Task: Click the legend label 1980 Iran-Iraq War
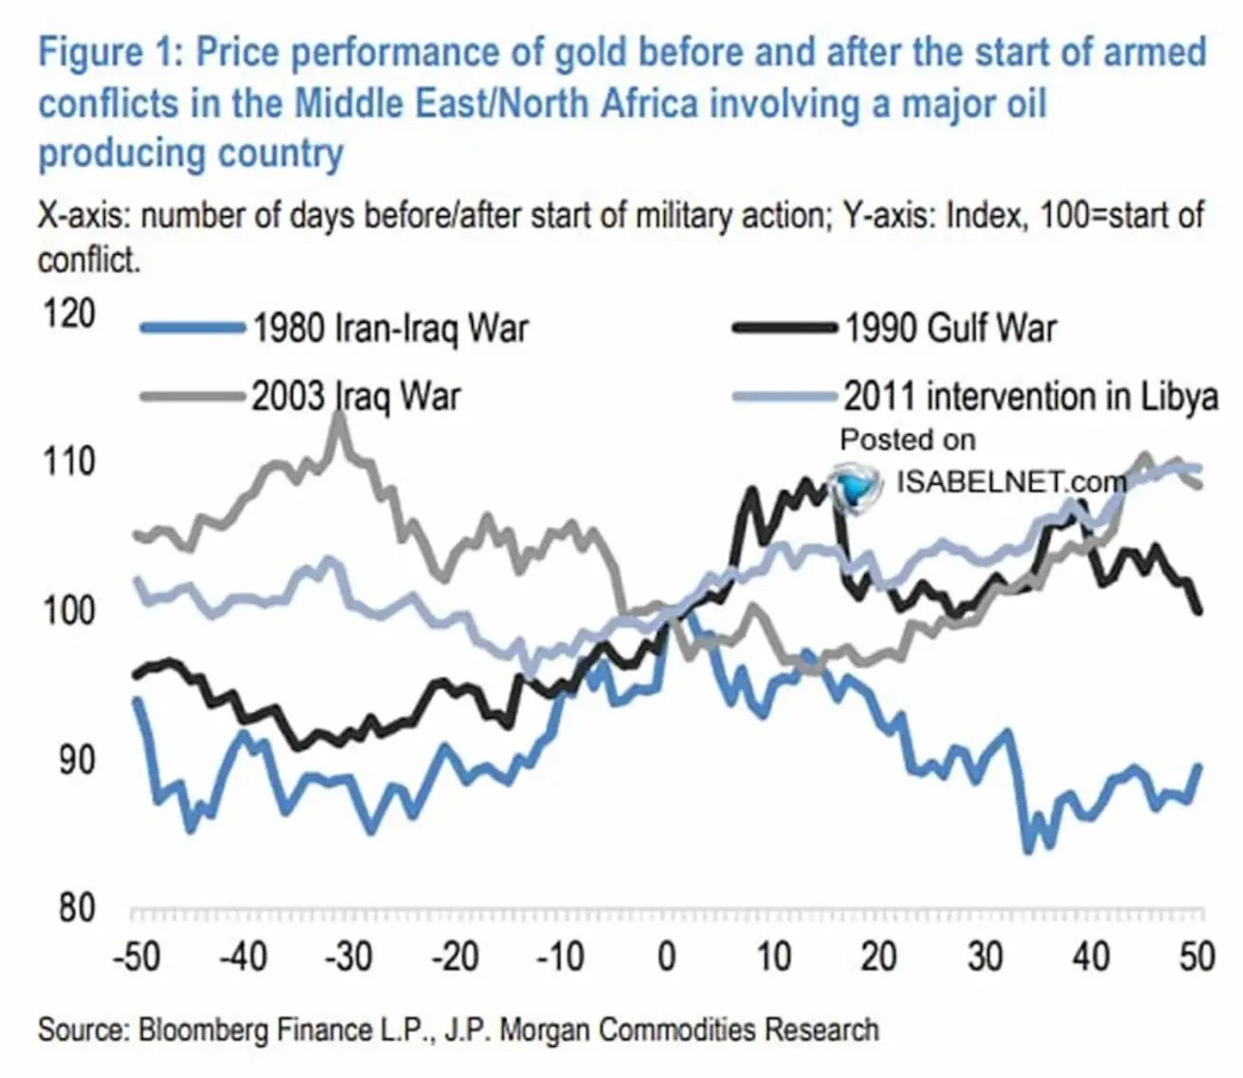pyautogui.click(x=389, y=329)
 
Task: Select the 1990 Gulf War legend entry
pyautogui.click(x=950, y=329)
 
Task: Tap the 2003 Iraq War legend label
pyautogui.click(x=355, y=396)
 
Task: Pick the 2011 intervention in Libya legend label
pyautogui.click(x=1031, y=396)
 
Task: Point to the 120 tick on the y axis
pyautogui.click(x=69, y=314)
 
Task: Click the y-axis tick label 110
pyautogui.click(x=69, y=461)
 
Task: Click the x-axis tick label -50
pyautogui.click(x=136, y=957)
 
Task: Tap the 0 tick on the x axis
pyautogui.click(x=667, y=957)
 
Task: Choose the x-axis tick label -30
pyautogui.click(x=349, y=957)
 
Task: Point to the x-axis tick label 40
pyautogui.click(x=1091, y=957)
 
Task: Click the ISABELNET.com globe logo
pyautogui.click(x=854, y=485)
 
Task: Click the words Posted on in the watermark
pyautogui.click(x=907, y=440)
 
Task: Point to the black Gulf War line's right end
pyautogui.click(x=1200, y=611)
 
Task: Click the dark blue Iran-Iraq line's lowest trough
pyautogui.click(x=1028, y=850)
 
